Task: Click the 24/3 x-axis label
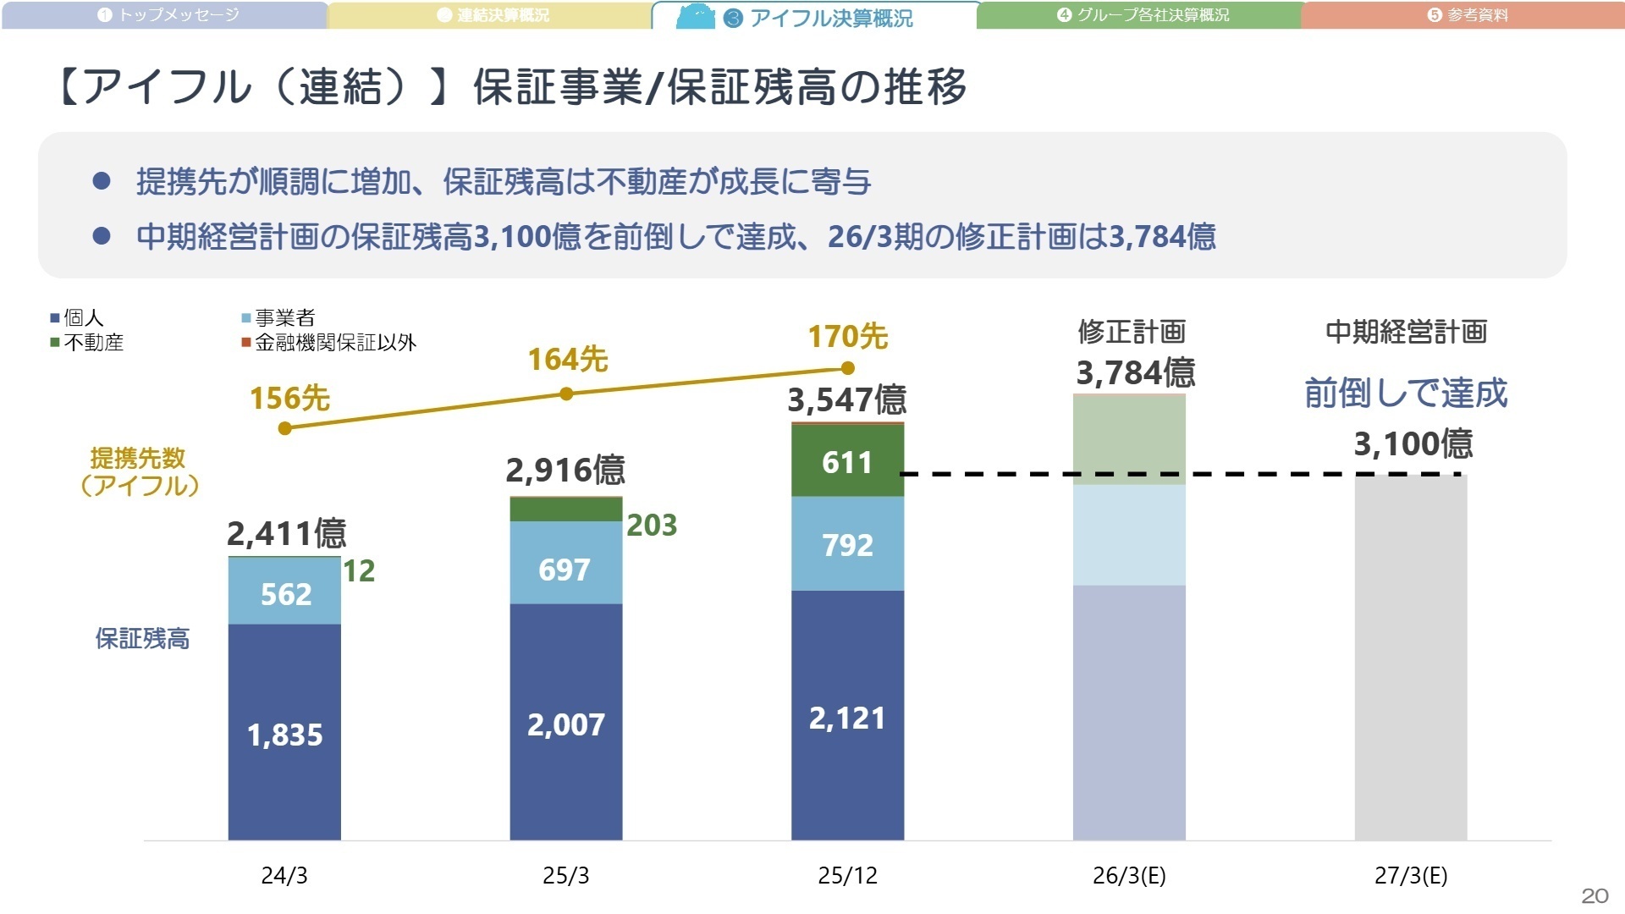(x=284, y=875)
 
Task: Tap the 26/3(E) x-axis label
(x=1129, y=875)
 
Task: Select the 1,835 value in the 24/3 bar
(x=284, y=735)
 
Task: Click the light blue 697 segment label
(x=565, y=570)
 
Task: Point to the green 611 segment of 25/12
(x=847, y=462)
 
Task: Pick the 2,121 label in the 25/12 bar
(x=847, y=718)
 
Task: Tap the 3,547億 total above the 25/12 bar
(x=847, y=400)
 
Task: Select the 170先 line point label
(x=847, y=337)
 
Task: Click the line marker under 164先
(x=566, y=394)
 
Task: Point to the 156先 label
(x=289, y=399)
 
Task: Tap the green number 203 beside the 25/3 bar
(x=652, y=526)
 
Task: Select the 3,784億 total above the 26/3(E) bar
(x=1135, y=373)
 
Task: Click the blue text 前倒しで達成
(x=1406, y=394)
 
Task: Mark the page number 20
(x=1595, y=895)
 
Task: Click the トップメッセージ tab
(x=169, y=15)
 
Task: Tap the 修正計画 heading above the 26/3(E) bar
(x=1132, y=332)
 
